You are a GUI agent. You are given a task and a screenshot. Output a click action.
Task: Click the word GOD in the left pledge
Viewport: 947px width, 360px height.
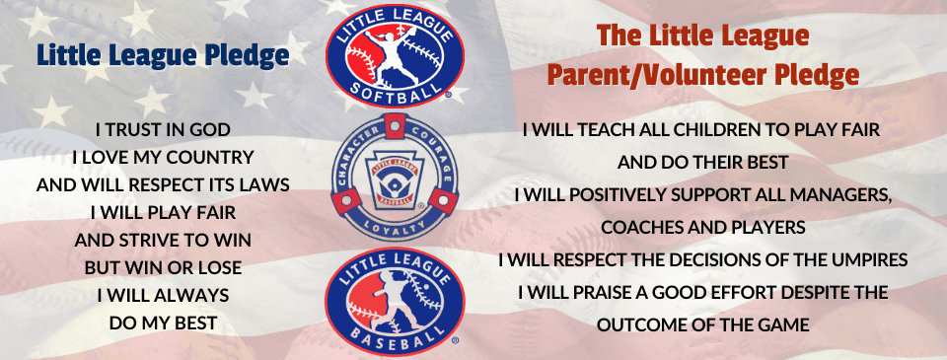[x=209, y=129]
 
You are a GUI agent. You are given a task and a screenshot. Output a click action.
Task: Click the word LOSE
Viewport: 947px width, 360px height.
[x=221, y=267]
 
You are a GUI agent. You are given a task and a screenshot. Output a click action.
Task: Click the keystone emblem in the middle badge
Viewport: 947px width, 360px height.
[x=395, y=178]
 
